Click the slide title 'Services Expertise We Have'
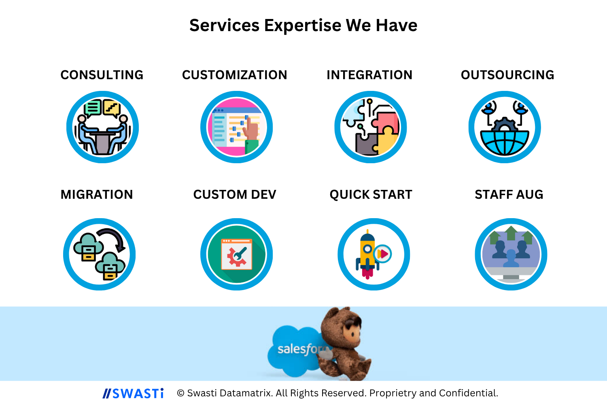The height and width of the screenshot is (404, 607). click(x=303, y=25)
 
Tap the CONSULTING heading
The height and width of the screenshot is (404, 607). click(x=102, y=75)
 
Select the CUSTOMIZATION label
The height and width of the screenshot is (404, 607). click(x=235, y=75)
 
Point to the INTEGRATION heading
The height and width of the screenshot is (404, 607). click(x=369, y=75)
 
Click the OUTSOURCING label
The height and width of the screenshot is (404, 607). click(x=507, y=75)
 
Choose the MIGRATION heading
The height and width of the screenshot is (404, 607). click(x=97, y=195)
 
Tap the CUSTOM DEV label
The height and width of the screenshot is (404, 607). click(x=235, y=195)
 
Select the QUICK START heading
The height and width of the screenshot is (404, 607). click(x=371, y=195)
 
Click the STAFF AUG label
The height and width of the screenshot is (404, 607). click(x=509, y=195)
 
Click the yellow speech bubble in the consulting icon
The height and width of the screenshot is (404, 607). click(x=112, y=108)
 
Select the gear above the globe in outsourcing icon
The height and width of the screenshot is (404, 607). click(x=504, y=125)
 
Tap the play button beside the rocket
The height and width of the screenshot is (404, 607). click(x=382, y=254)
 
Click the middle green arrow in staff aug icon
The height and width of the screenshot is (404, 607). click(x=511, y=233)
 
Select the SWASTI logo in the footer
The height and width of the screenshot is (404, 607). click(x=133, y=393)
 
